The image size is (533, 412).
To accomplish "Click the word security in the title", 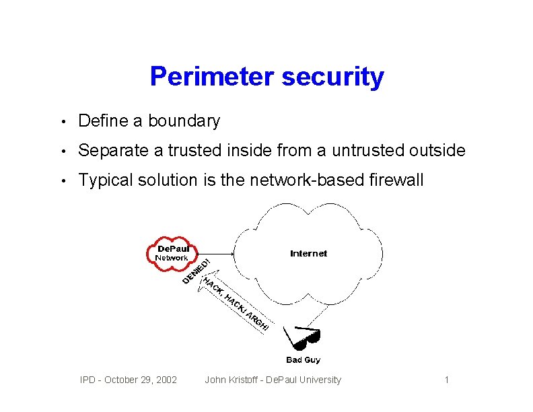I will [333, 77].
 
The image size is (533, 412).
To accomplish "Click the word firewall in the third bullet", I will [398, 180].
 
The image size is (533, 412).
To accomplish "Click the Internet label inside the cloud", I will [308, 254].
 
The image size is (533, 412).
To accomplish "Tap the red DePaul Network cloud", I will [172, 253].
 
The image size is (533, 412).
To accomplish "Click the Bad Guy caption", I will [303, 360].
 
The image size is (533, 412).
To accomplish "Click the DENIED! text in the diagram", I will [197, 271].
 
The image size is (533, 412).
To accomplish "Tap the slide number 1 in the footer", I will [446, 380].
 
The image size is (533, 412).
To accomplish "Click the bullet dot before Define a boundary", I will [62, 122].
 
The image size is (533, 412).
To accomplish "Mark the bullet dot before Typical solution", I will [62, 181].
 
